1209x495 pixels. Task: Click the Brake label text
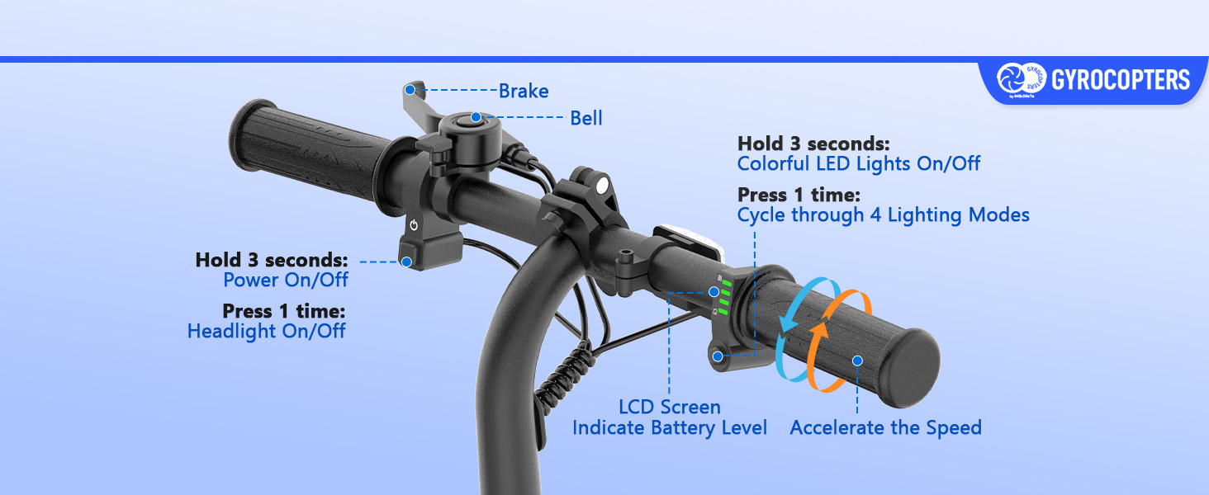click(524, 91)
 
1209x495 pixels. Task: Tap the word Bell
click(586, 118)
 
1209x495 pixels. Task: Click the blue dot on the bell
click(476, 118)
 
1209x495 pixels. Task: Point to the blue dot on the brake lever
click(410, 88)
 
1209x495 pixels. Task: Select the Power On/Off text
click(286, 280)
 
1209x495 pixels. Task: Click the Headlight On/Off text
click(266, 332)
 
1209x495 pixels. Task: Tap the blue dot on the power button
click(406, 262)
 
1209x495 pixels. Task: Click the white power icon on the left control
click(414, 225)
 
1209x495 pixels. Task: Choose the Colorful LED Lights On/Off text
click(859, 163)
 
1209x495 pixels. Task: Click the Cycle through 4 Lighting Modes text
click(883, 215)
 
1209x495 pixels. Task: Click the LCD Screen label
click(670, 407)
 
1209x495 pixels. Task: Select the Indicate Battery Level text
click(670, 428)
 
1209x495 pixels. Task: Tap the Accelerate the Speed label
click(885, 428)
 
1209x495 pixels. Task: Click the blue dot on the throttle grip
click(857, 361)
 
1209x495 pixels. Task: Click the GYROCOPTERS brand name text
click(1120, 80)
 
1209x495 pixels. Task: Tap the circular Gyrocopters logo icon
click(1011, 79)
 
